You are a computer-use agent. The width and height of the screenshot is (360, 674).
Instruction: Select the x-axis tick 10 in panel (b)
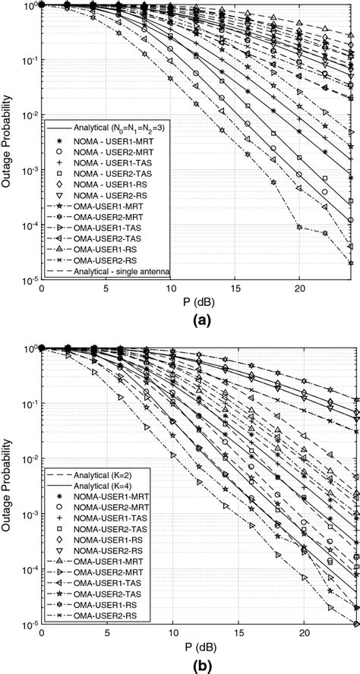[x=171, y=633]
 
